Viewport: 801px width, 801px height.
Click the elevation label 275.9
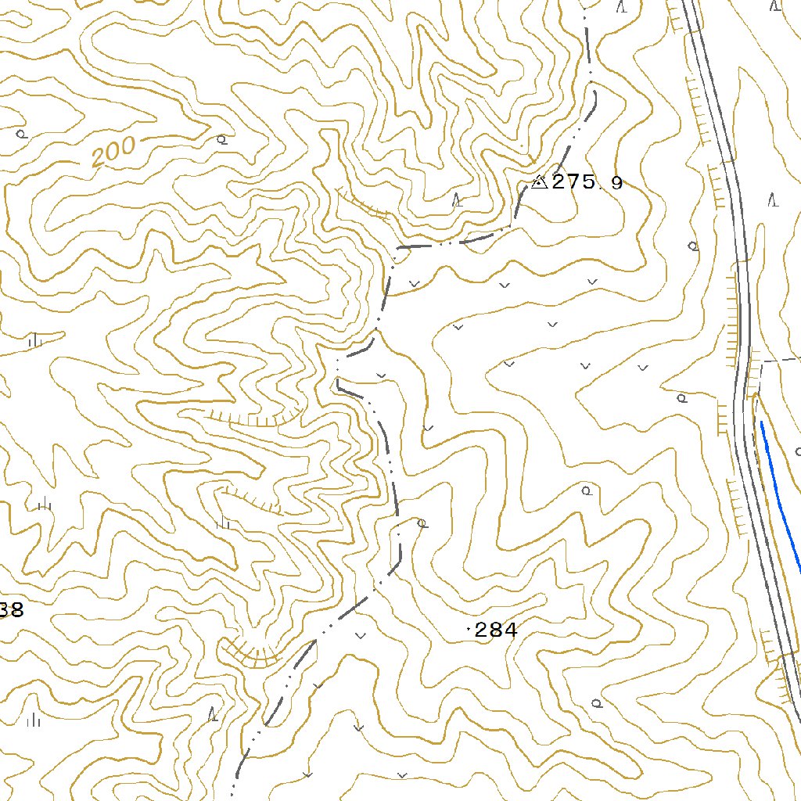[x=587, y=183]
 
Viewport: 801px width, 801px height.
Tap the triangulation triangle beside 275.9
[x=538, y=182]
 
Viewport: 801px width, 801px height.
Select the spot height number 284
[x=496, y=630]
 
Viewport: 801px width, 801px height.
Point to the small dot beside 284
[x=469, y=629]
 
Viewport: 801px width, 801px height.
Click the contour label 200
[x=113, y=152]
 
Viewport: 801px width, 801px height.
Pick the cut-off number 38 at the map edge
[x=11, y=610]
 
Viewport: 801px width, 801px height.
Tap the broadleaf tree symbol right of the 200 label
[x=222, y=140]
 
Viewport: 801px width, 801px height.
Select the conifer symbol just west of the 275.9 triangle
[x=458, y=200]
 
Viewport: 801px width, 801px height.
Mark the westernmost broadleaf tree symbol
[x=22, y=134]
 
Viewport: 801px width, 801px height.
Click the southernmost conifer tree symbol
[x=213, y=713]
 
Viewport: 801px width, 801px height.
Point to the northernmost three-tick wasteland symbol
[x=34, y=341]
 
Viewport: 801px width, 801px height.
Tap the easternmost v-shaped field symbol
[x=643, y=367]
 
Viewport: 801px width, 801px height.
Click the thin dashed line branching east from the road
[x=779, y=360]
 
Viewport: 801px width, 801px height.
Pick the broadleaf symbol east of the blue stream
[x=798, y=451]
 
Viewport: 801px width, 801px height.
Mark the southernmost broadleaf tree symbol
[x=597, y=702]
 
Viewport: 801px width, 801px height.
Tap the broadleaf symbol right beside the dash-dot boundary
[x=422, y=523]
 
